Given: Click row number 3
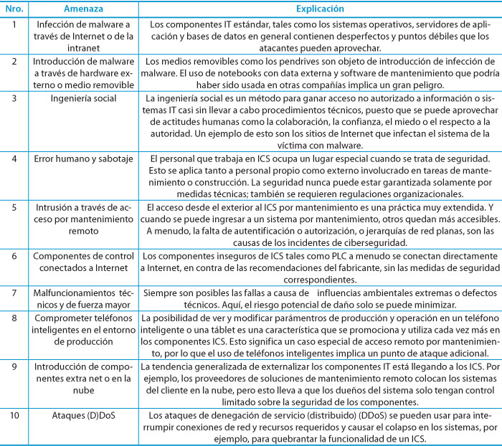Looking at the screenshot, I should click(12, 97).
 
